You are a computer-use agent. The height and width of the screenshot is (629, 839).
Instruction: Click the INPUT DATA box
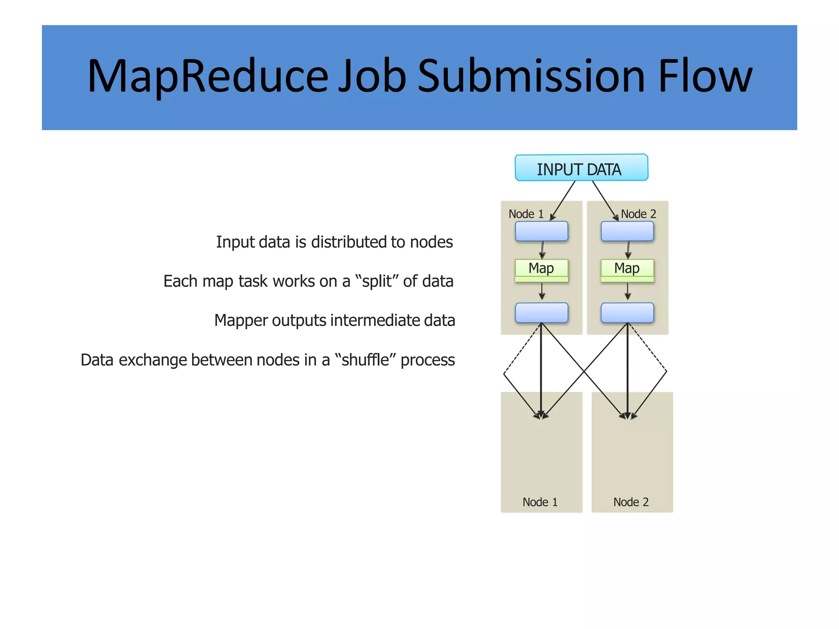pos(581,168)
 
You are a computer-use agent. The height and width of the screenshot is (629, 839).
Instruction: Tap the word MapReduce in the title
pos(207,77)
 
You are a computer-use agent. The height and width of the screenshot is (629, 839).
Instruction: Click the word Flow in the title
pos(705,77)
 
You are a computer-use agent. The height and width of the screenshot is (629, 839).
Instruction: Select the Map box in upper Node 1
pos(541,269)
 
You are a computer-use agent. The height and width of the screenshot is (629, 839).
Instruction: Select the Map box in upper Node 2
pos(627,269)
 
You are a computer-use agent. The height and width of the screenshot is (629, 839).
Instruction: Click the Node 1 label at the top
pos(526,214)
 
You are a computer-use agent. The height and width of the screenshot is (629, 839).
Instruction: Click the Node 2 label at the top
pos(638,214)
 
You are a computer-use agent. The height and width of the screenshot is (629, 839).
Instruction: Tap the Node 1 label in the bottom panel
pos(540,502)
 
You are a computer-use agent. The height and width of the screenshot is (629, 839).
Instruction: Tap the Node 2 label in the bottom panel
pos(631,502)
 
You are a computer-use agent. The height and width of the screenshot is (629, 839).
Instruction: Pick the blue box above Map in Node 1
pos(541,231)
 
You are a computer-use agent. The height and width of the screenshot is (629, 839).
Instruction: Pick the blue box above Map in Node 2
pos(627,231)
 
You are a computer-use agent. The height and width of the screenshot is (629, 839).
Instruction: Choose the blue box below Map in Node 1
pos(541,313)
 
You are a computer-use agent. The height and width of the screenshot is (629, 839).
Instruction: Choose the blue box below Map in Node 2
pos(627,313)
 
